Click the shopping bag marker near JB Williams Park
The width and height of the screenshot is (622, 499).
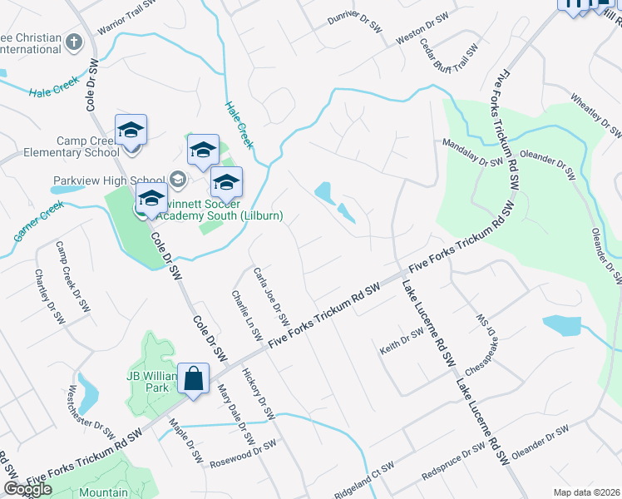[193, 381]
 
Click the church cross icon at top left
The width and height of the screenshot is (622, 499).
[73, 41]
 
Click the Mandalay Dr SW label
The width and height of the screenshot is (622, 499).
[471, 152]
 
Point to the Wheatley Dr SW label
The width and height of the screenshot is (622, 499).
[596, 115]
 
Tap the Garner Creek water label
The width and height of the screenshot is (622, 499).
[38, 221]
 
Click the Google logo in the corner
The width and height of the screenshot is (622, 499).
[28, 489]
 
